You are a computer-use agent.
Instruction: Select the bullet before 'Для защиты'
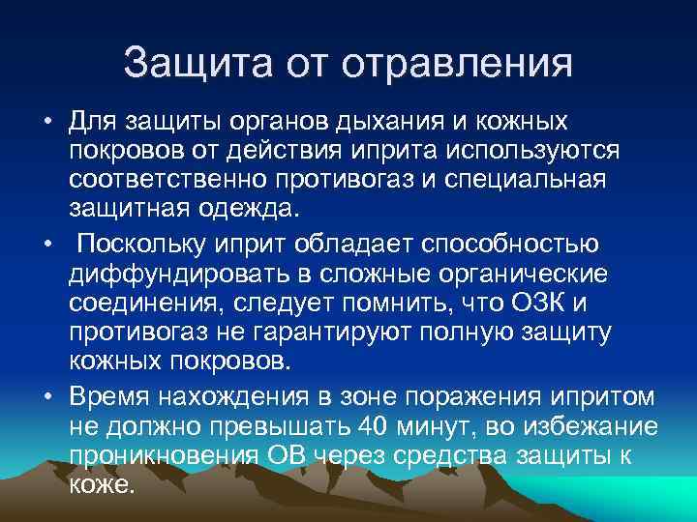(x=45, y=125)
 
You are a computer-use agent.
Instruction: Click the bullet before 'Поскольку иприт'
(x=45, y=242)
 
